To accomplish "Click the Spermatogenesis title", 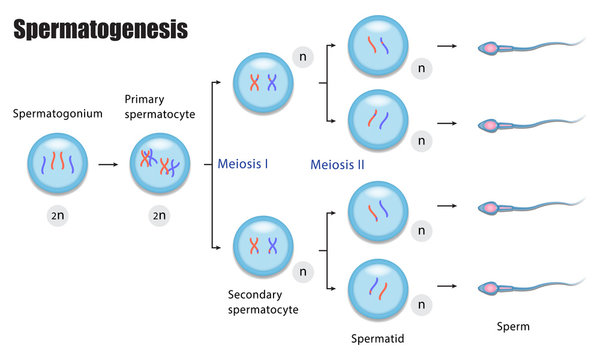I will pos(100,31).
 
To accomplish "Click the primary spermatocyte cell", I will pos(159,163).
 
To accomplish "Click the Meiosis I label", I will pos(243,163).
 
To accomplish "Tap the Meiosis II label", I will pos(337,163).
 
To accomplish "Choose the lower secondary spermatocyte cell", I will pos(263,245).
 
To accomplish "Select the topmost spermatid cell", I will pos(377,46).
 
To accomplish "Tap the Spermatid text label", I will pos(378,338).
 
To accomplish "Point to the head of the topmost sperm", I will pos(491,47).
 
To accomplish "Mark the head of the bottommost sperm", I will pos(491,288).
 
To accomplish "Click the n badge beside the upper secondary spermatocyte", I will pos(303,56).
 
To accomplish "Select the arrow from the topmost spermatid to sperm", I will pos(449,47).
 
